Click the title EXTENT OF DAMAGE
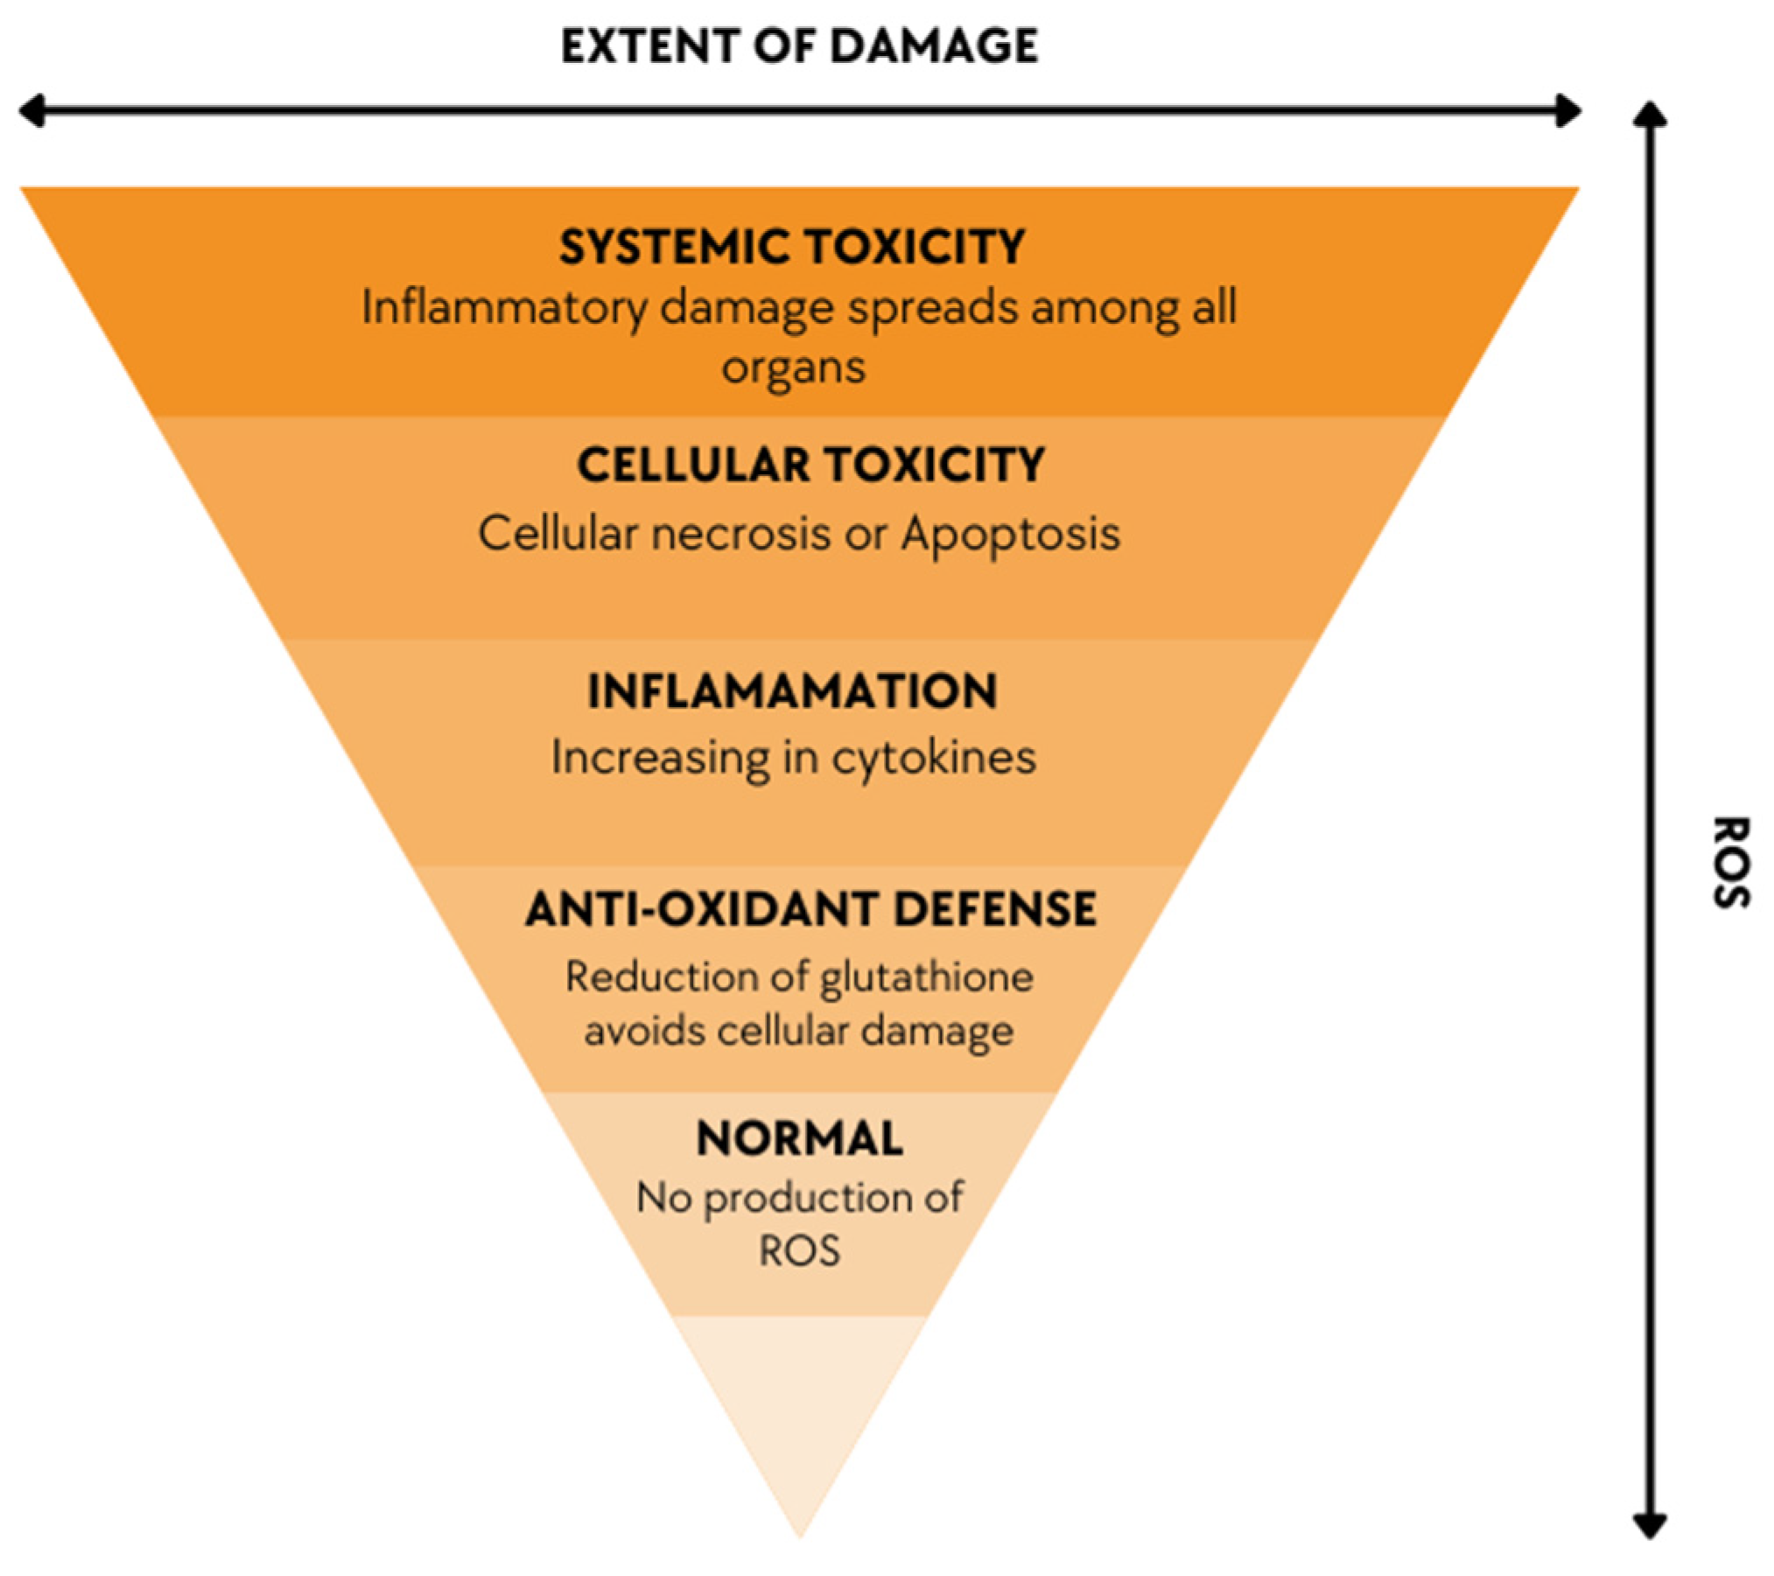pyautogui.click(x=799, y=46)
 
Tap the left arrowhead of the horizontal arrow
pyautogui.click(x=32, y=112)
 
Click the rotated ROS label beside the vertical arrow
pyautogui.click(x=1729, y=863)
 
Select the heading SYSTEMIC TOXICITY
pyautogui.click(x=792, y=247)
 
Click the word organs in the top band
pyautogui.click(x=793, y=367)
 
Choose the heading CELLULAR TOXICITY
pyautogui.click(x=810, y=465)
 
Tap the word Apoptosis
pyautogui.click(x=1010, y=533)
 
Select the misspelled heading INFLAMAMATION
pyautogui.click(x=792, y=691)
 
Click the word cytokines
pyautogui.click(x=933, y=757)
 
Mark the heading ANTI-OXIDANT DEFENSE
pyautogui.click(x=810, y=909)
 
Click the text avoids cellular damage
pyautogui.click(x=798, y=1030)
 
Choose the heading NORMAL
pyautogui.click(x=799, y=1138)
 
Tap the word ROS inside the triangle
pyautogui.click(x=799, y=1250)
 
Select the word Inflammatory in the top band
pyautogui.click(x=505, y=308)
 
